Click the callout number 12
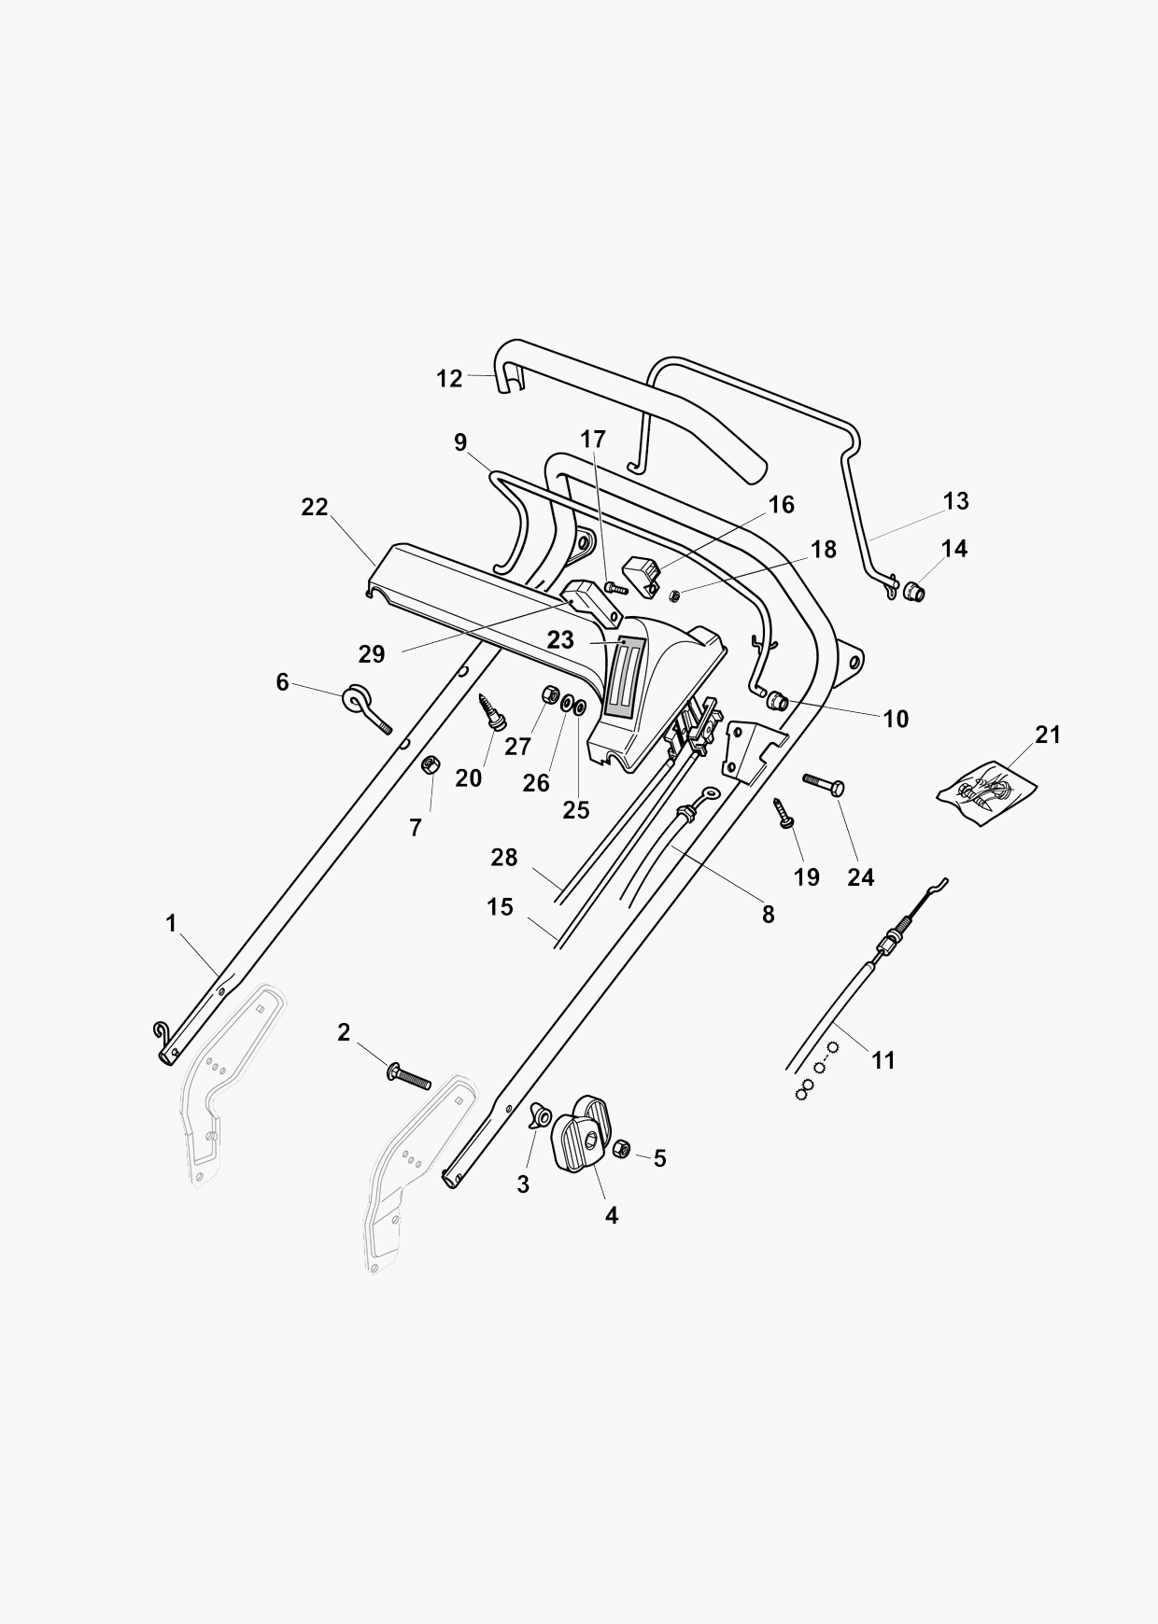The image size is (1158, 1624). (x=449, y=379)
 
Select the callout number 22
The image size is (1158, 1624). (x=315, y=507)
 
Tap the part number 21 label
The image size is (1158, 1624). (x=1049, y=735)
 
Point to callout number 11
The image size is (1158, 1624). (x=883, y=1060)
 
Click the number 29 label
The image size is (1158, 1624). (x=372, y=654)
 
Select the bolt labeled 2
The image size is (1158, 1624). (x=408, y=1077)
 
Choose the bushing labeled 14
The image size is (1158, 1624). (x=911, y=591)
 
